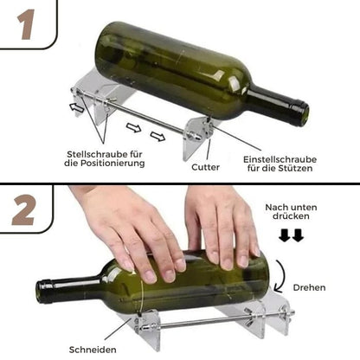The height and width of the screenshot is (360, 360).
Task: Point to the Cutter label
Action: (x=205, y=166)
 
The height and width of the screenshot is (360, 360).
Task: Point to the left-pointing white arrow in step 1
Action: (x=79, y=108)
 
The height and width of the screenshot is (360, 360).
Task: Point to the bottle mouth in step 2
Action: (x=41, y=291)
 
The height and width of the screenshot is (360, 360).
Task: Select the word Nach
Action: (x=274, y=206)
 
